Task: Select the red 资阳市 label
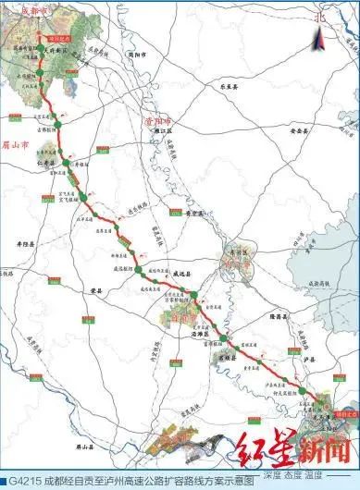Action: [148, 120]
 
